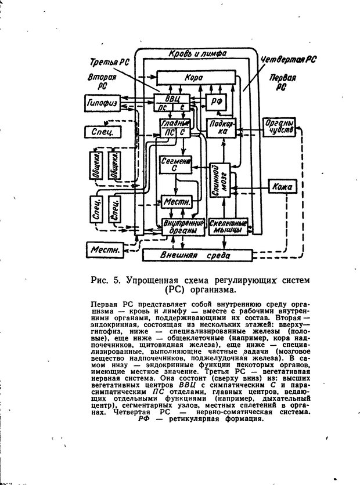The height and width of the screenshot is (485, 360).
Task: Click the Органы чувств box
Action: (x=280, y=128)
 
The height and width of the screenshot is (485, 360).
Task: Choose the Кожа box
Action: (x=283, y=186)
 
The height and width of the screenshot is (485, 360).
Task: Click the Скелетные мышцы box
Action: (x=228, y=226)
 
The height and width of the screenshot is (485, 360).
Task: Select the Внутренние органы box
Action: (x=182, y=226)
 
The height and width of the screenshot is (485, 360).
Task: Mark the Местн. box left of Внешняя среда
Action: (x=105, y=250)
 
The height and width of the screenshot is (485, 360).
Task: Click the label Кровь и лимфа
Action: (x=192, y=53)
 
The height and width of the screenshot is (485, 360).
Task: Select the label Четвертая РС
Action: (x=288, y=60)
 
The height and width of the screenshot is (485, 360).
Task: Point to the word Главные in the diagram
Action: (x=175, y=123)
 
